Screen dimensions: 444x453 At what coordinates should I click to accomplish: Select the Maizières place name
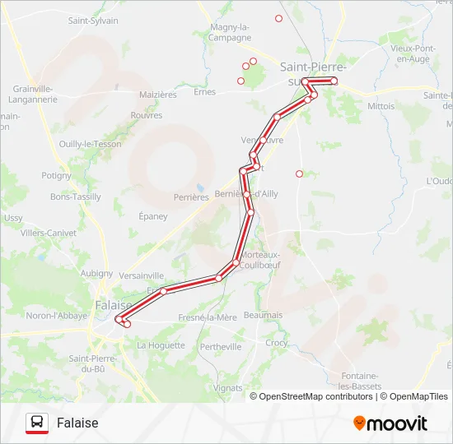(x=158, y=95)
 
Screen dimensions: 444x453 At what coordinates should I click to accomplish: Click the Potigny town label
(x=57, y=175)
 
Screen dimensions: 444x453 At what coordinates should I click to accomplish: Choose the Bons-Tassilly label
(x=75, y=197)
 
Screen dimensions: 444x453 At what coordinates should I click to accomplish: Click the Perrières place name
(x=191, y=197)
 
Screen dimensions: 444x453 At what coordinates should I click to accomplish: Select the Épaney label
(x=153, y=216)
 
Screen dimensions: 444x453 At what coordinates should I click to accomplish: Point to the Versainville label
(x=142, y=275)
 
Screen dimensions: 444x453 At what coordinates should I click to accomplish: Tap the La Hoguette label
(x=161, y=345)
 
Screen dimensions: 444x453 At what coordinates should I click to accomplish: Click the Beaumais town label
(x=264, y=315)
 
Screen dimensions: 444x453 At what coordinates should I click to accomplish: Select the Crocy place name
(x=277, y=342)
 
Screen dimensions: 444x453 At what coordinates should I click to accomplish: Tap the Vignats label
(x=228, y=387)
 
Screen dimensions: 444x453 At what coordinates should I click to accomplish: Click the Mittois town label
(x=381, y=106)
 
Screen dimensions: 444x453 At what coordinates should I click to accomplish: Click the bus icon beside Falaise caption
(x=37, y=423)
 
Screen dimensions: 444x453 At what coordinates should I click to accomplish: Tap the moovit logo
(x=390, y=423)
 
